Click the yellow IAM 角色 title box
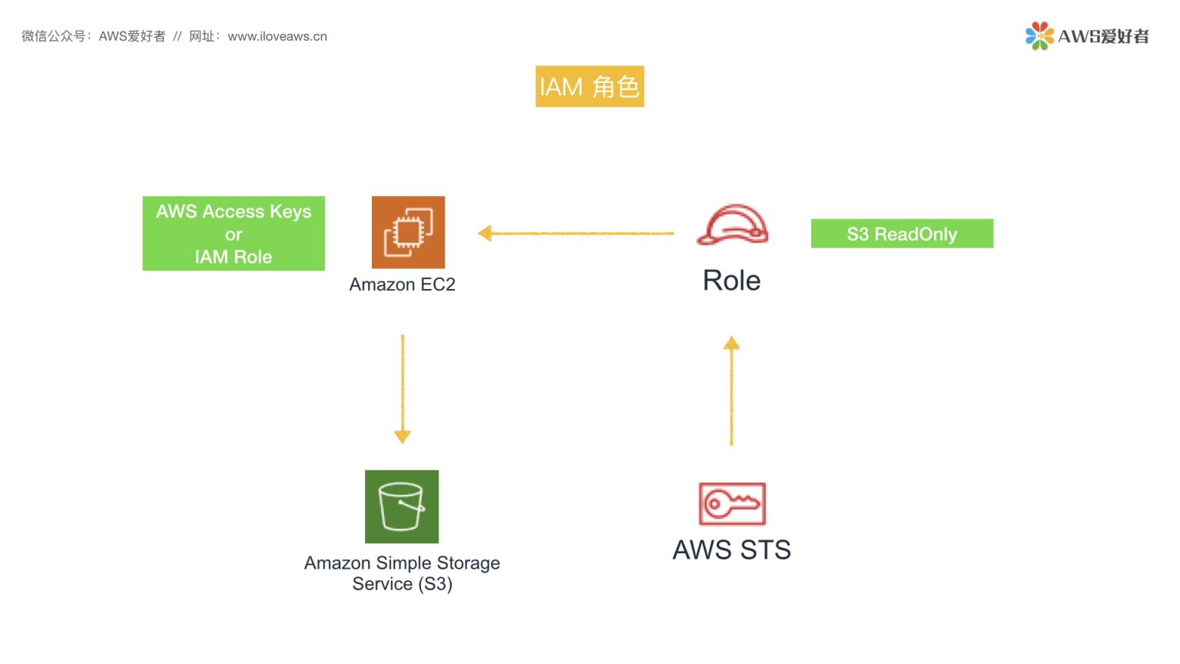[x=589, y=86]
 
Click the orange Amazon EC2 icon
[x=408, y=232]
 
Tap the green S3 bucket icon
[x=402, y=506]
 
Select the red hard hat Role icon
[x=732, y=225]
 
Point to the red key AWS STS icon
[x=732, y=503]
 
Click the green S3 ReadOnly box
[x=902, y=234]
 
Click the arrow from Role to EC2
[x=576, y=233]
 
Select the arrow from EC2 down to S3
[x=403, y=389]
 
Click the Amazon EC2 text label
[x=402, y=284]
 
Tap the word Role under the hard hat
[x=731, y=281]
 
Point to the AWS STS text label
[x=731, y=550]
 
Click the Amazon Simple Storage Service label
[x=402, y=573]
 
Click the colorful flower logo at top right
[x=1039, y=36]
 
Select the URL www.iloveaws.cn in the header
[x=277, y=36]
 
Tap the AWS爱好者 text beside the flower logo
[x=1103, y=36]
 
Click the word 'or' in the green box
[x=234, y=234]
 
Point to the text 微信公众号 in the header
[x=53, y=36]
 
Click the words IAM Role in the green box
[x=234, y=257]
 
